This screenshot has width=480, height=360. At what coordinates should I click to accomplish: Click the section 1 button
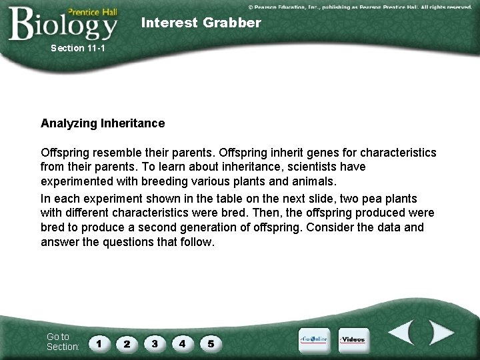click(99, 343)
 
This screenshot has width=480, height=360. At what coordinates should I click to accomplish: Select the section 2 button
click(127, 343)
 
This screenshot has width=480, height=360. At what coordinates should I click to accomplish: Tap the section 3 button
click(155, 343)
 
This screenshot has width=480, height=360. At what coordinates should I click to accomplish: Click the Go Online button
click(313, 339)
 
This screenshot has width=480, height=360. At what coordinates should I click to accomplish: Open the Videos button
click(353, 339)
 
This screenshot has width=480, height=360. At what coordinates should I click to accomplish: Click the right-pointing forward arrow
click(439, 333)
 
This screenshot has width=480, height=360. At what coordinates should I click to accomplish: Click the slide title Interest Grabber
click(201, 23)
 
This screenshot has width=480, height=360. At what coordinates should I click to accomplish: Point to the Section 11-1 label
click(78, 48)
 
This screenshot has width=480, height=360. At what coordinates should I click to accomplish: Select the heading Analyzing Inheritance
click(103, 123)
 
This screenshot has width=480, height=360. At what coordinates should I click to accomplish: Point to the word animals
click(315, 181)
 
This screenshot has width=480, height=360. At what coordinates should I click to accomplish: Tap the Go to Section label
click(63, 341)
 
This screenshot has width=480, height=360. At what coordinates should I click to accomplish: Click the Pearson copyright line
click(360, 6)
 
